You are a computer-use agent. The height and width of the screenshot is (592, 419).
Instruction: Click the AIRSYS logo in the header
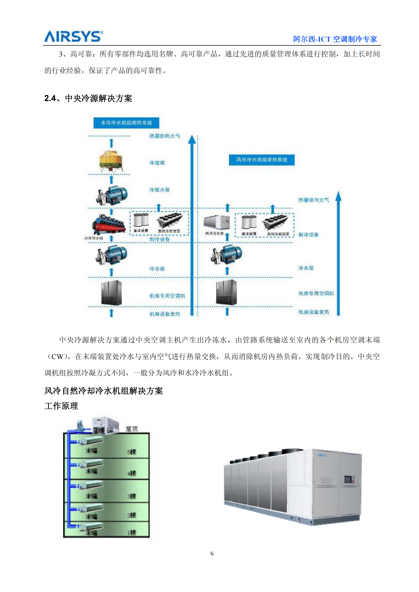(73, 36)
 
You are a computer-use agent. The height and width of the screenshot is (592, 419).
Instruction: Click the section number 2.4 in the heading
(50, 98)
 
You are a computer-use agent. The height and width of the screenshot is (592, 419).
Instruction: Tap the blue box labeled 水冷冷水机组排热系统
(126, 123)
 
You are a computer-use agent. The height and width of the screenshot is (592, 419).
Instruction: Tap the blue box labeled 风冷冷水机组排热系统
(262, 160)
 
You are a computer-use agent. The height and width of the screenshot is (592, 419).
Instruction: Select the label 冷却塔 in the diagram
(157, 163)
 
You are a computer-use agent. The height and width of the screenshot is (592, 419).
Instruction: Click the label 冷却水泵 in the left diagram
(160, 190)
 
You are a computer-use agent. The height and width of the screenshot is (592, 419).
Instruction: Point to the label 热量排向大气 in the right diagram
(314, 200)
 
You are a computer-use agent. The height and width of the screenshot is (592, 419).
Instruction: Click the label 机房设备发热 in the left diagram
(165, 314)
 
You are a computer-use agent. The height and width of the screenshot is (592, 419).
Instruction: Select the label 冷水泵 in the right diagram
(306, 268)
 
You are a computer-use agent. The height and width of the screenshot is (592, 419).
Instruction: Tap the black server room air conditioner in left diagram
(111, 293)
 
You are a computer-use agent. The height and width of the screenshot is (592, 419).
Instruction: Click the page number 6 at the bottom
(212, 553)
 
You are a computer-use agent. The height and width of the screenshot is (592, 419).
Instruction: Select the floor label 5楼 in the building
(132, 452)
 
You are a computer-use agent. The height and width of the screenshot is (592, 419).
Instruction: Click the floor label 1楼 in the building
(132, 533)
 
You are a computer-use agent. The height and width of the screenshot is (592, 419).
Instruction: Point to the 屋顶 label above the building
(132, 429)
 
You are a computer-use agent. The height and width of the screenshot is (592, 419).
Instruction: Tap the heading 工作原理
(61, 406)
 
